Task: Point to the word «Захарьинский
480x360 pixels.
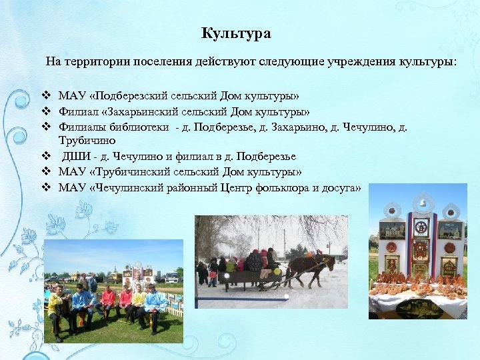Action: click(x=135, y=111)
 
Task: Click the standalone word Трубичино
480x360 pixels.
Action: click(x=87, y=141)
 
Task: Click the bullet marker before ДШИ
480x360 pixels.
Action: click(x=47, y=156)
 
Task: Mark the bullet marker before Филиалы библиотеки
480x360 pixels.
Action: click(x=47, y=126)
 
